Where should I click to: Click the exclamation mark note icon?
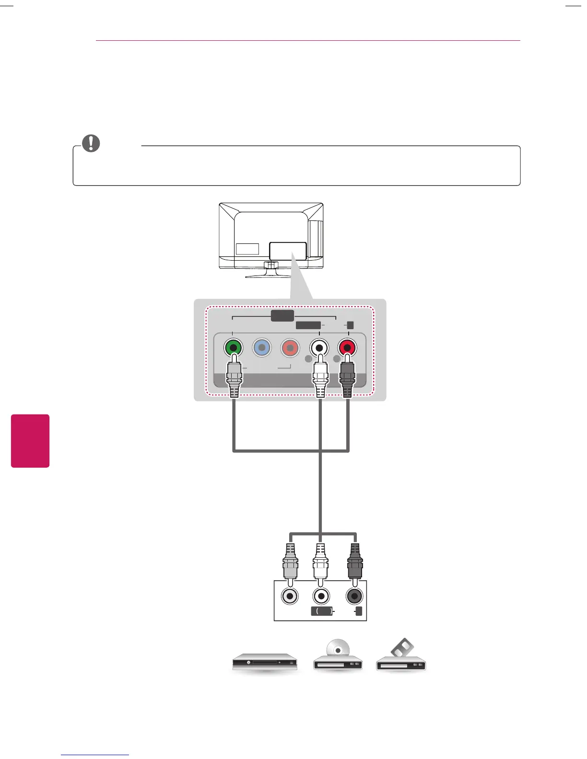coord(91,143)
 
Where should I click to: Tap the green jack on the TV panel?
coord(233,347)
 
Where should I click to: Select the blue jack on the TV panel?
coord(262,347)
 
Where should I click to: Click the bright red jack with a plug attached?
coord(347,347)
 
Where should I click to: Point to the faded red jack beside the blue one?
coord(290,347)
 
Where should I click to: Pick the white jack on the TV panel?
coord(319,347)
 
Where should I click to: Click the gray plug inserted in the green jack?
coord(234,379)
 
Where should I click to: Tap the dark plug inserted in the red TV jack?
coord(347,379)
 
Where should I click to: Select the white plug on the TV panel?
coord(319,379)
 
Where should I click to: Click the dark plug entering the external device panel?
coord(354,563)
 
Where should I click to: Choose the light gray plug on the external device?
coord(290,563)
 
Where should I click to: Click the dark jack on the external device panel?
coord(354,597)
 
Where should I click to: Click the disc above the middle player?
coord(338,649)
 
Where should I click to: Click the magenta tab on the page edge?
coord(30,441)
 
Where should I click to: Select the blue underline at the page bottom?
coord(95,755)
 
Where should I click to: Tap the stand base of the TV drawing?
coord(269,276)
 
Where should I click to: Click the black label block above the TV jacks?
coord(282,316)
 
